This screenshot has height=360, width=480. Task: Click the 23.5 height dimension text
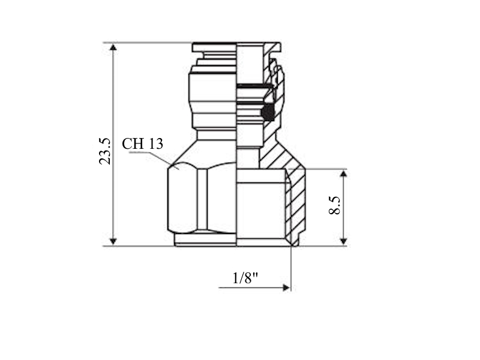point(104,151)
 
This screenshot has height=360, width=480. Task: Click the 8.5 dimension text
point(334,205)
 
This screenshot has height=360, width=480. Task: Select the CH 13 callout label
point(142,143)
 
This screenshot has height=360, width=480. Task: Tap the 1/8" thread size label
point(245,278)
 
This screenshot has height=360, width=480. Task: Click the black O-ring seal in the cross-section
point(268,112)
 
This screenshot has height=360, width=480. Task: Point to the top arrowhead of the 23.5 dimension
point(113,47)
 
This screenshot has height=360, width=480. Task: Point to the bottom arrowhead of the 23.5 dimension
point(113,241)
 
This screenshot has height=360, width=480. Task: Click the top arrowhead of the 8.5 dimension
point(343,174)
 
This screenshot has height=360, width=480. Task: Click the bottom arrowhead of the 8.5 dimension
point(343,241)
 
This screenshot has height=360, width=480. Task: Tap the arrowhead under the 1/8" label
point(286,287)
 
